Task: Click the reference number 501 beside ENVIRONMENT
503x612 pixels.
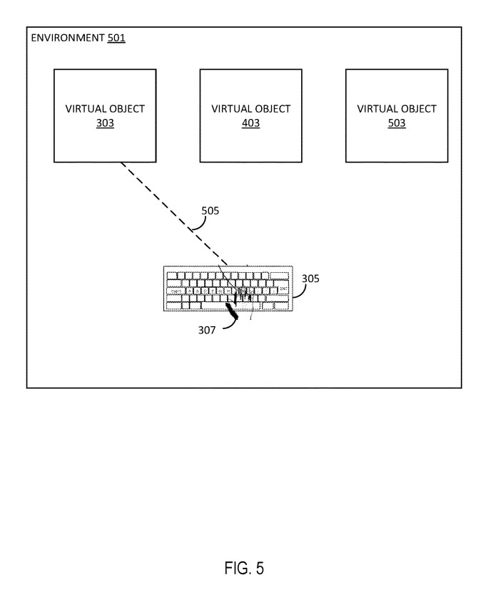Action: [x=116, y=38]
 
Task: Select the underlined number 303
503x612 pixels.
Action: [x=105, y=123]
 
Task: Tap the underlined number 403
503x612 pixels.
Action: [x=250, y=123]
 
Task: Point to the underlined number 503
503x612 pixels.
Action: [x=397, y=123]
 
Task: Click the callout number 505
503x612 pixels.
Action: [x=210, y=211]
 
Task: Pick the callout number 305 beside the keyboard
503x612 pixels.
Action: [x=310, y=278]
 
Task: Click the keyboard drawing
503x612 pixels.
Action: [x=227, y=289]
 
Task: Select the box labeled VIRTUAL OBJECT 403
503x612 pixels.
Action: [x=250, y=115]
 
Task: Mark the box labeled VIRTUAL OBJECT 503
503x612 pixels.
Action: [x=397, y=115]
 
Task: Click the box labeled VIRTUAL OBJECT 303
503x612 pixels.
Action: [x=105, y=115]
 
